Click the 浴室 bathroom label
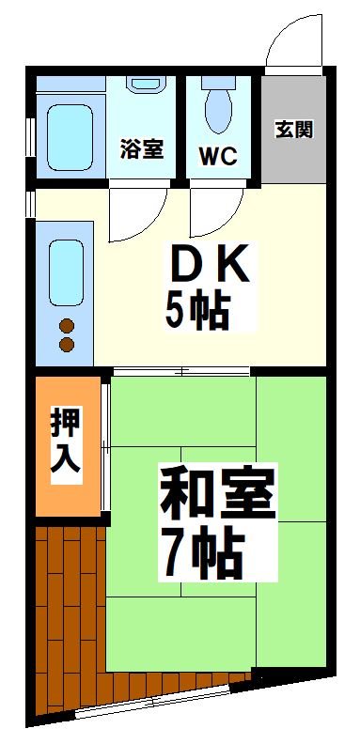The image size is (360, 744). [141, 148]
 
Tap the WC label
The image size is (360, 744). [218, 153]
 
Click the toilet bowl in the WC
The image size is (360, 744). [218, 108]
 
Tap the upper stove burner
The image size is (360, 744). [67, 326]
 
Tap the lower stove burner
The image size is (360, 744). [67, 345]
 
